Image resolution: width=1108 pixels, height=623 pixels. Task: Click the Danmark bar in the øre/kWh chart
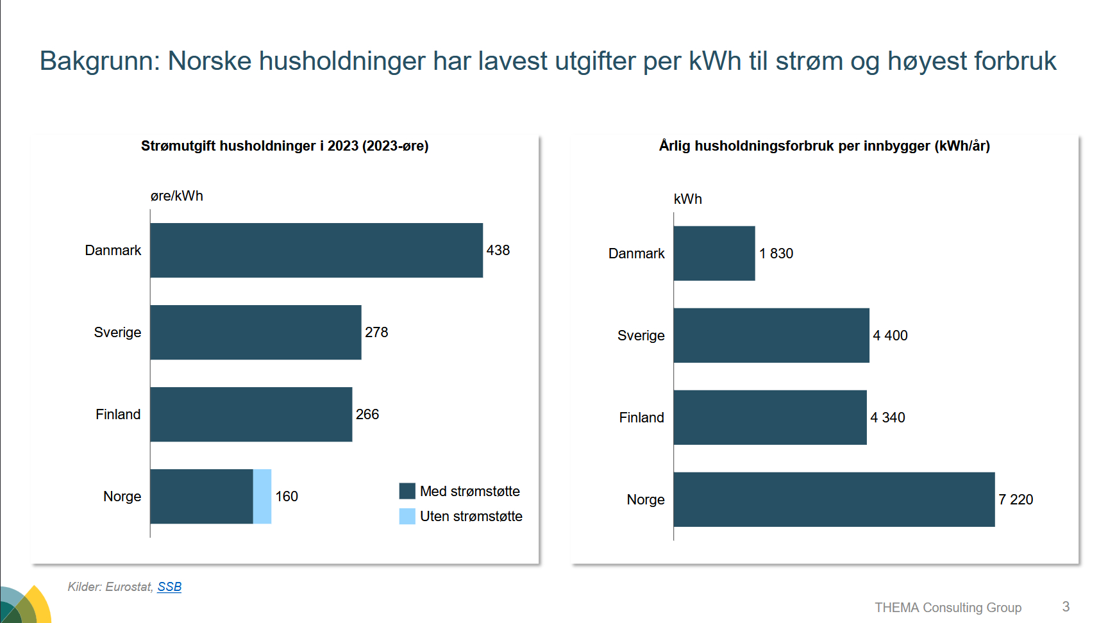[x=316, y=250]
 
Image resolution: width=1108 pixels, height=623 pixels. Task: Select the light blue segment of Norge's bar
[x=262, y=496]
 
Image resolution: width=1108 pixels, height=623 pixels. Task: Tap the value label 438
[x=498, y=250]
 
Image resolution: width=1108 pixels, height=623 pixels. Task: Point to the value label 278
[x=376, y=332]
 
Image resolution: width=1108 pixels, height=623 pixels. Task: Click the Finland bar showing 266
[x=251, y=414]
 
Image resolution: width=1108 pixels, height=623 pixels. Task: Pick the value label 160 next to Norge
[x=287, y=496]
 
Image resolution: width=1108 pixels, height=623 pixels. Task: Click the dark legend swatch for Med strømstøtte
[x=407, y=491]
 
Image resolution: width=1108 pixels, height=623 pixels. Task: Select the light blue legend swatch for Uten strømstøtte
[x=407, y=516]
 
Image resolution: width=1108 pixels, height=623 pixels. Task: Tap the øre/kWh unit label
[x=177, y=196]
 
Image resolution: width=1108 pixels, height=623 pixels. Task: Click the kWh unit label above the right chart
[x=687, y=199]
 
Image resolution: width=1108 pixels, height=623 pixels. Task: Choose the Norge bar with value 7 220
[x=834, y=499]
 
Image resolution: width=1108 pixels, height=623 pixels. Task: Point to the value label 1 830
[x=776, y=253]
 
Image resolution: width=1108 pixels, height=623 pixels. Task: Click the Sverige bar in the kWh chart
[x=771, y=335]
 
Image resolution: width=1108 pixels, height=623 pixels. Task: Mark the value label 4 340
[x=887, y=417]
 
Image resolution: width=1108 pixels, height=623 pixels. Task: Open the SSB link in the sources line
[x=169, y=586]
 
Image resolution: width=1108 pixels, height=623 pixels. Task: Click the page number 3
[x=1066, y=606]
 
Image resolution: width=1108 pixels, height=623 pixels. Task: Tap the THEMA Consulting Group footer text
[x=948, y=607]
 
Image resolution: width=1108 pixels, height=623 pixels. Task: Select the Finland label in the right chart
[x=641, y=417]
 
